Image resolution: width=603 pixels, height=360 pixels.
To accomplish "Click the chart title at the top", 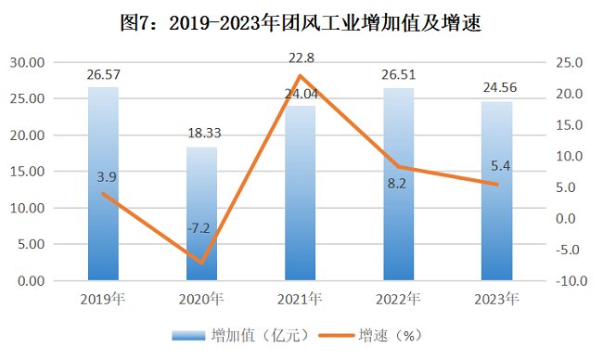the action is click(x=301, y=22).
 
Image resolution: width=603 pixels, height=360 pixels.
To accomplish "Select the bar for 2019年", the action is click(x=104, y=184).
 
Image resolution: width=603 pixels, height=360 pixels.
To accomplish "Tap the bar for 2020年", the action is click(x=202, y=213).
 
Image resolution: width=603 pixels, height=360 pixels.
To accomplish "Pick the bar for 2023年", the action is click(x=497, y=191).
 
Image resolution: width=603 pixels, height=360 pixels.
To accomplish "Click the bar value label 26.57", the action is click(x=104, y=74).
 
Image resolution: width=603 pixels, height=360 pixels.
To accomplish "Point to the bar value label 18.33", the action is click(x=204, y=133).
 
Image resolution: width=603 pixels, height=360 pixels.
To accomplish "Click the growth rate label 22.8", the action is click(x=301, y=58).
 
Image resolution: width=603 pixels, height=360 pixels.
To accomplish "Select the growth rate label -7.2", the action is click(x=199, y=228).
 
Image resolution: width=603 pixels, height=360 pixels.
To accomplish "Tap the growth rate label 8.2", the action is click(x=396, y=184).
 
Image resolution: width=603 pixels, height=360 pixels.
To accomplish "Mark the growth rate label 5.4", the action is click(x=500, y=166).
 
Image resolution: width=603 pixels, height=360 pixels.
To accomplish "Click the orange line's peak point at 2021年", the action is click(x=301, y=75).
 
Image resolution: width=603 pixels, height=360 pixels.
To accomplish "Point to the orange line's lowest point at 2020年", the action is click(x=202, y=264).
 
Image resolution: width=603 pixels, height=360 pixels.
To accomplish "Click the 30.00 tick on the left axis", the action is click(x=27, y=62).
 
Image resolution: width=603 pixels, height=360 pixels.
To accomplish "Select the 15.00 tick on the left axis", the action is click(x=27, y=172).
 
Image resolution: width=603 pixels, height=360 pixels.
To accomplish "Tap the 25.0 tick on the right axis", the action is click(x=570, y=62).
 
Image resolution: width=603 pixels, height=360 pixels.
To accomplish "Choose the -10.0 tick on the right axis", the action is click(x=571, y=281).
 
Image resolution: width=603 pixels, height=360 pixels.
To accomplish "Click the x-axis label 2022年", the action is click(x=398, y=300).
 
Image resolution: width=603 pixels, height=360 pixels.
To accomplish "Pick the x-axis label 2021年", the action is click(x=300, y=300).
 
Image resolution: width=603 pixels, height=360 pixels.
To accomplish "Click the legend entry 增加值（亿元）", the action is click(x=241, y=336).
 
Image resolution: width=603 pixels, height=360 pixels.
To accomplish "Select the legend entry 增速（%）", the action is click(x=371, y=336).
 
